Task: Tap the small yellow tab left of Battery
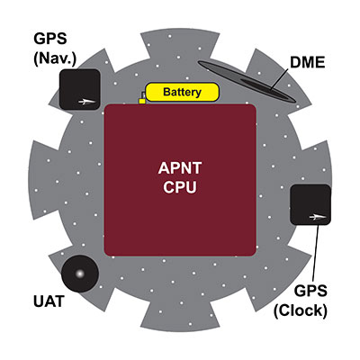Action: pos(141,100)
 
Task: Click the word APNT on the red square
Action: pos(180,168)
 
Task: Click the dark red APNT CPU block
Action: pos(180,216)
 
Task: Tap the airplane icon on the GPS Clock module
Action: pos(315,216)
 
